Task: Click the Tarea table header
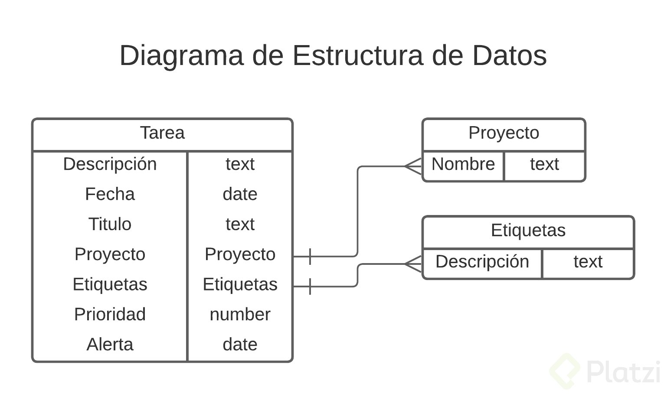tap(162, 133)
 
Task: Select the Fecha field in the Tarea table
tap(110, 194)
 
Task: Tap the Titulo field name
tap(110, 224)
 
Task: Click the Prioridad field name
tap(110, 314)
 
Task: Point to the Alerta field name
tap(110, 345)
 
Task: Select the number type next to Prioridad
tap(240, 314)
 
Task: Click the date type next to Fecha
tap(240, 194)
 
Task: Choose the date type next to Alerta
tap(240, 345)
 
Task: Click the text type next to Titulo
tap(240, 224)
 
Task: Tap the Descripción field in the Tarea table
tap(110, 164)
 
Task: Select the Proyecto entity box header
tap(504, 133)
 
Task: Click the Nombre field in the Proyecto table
tap(463, 164)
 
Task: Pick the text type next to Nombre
tap(544, 164)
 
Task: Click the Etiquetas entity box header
tap(528, 230)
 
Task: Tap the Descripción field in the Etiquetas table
tap(482, 262)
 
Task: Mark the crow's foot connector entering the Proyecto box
tap(413, 166)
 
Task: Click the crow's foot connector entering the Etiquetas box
tap(413, 264)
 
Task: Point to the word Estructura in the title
tap(357, 55)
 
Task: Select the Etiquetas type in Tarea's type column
tap(240, 284)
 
